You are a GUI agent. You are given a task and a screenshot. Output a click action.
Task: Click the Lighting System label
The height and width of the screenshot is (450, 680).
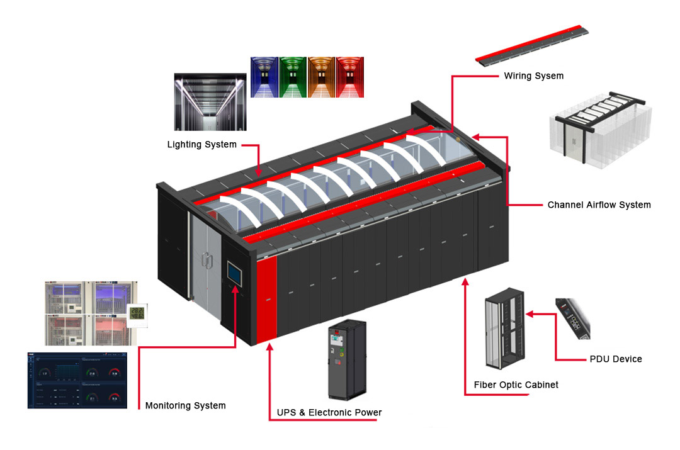pyautogui.click(x=201, y=145)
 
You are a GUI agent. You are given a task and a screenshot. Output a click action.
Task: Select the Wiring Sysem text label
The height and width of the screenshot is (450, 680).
pyautogui.click(x=533, y=76)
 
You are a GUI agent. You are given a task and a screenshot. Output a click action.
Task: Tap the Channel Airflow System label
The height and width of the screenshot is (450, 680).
pyautogui.click(x=599, y=205)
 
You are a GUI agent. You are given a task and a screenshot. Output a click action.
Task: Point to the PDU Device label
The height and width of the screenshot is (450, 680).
pyautogui.click(x=616, y=359)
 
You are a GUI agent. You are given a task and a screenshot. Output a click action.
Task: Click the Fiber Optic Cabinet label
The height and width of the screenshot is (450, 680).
pyautogui.click(x=516, y=385)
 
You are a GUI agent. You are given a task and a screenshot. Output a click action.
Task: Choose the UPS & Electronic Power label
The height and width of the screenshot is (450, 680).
pyautogui.click(x=329, y=413)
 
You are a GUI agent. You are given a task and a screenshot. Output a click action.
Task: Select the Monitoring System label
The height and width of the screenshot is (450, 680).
pyautogui.click(x=185, y=406)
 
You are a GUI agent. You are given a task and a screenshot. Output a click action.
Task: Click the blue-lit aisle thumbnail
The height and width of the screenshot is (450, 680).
pyautogui.click(x=264, y=77)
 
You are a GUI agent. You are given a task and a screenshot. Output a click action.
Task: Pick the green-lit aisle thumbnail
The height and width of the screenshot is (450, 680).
pyautogui.click(x=292, y=77)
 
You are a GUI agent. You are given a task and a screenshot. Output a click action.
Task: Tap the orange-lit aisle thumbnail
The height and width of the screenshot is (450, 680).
pyautogui.click(x=321, y=77)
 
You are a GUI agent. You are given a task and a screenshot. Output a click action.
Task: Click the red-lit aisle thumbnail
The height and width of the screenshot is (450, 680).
pyautogui.click(x=349, y=77)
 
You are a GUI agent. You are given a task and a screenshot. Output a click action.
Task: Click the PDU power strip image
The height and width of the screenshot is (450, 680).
pyautogui.click(x=572, y=318)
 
